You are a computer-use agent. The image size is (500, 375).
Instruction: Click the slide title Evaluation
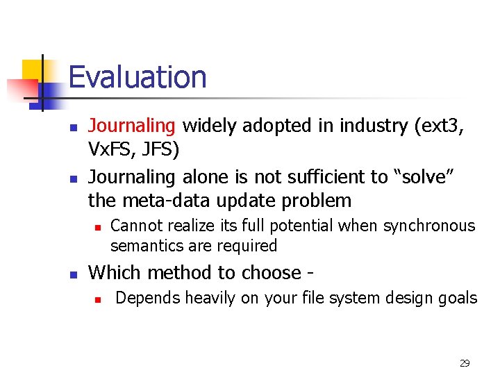(x=137, y=77)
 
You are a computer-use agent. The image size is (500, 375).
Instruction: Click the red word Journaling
(x=132, y=126)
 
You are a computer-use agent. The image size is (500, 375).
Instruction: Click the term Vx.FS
(x=112, y=150)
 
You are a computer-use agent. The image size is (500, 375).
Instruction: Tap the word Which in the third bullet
(x=114, y=272)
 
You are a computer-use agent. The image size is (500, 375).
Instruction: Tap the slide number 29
(x=465, y=363)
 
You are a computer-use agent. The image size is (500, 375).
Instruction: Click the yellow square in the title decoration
(x=32, y=71)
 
